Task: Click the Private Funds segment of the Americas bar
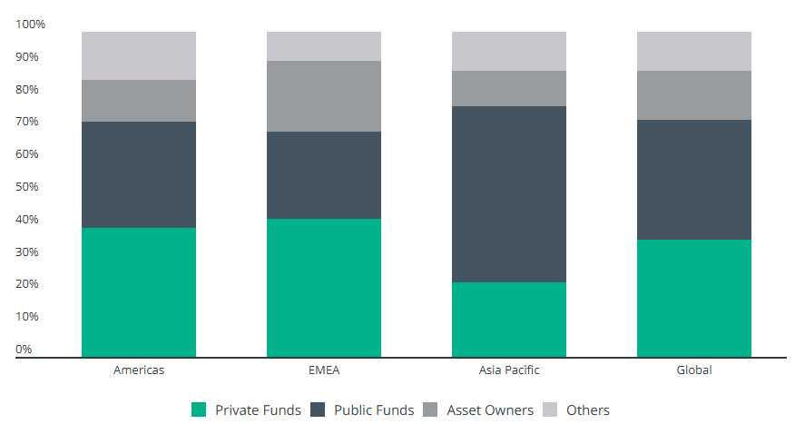pyautogui.click(x=139, y=292)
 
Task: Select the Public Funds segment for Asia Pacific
pyautogui.click(x=509, y=194)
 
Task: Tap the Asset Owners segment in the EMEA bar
pyautogui.click(x=324, y=96)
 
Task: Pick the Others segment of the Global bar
pyautogui.click(x=694, y=51)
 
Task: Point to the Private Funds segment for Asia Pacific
pyautogui.click(x=509, y=320)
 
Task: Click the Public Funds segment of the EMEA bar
pyautogui.click(x=324, y=175)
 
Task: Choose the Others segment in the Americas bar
pyautogui.click(x=139, y=55)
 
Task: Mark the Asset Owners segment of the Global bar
pyautogui.click(x=694, y=95)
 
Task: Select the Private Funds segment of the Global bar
pyautogui.click(x=694, y=298)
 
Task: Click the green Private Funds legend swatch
pyautogui.click(x=199, y=410)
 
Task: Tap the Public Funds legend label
pyautogui.click(x=374, y=410)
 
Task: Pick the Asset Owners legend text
pyautogui.click(x=490, y=410)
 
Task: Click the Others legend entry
pyautogui.click(x=588, y=410)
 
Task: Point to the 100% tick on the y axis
pyautogui.click(x=31, y=24)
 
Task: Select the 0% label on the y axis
pyautogui.click(x=25, y=350)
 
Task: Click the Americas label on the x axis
pyautogui.click(x=139, y=370)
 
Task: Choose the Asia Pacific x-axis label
pyautogui.click(x=509, y=370)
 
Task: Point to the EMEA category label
pyautogui.click(x=324, y=370)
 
